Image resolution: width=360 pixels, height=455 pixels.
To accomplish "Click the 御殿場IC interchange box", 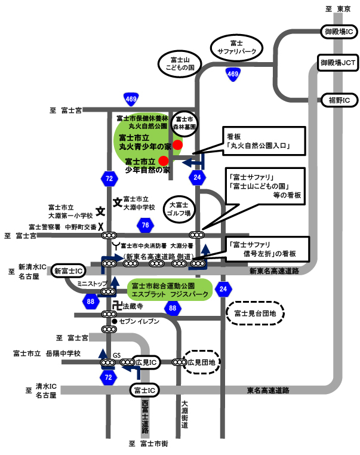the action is point(339,31).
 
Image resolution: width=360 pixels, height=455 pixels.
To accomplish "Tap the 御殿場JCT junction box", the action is point(338,62).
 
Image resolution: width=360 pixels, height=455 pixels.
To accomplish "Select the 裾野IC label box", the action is point(340,100).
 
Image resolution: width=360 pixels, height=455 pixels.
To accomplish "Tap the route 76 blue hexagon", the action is point(145,225).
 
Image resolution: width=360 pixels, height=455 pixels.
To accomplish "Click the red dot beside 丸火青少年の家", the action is point(177,145).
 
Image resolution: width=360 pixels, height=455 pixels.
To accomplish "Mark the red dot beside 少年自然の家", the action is point(164,161).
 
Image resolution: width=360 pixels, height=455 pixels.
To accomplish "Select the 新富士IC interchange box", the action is point(69,271).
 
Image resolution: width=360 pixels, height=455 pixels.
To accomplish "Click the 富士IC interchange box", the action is point(144,391).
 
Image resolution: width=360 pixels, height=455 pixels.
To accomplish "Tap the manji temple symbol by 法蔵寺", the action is point(117,306).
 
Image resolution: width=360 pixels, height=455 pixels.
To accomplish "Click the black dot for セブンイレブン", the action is point(115,321).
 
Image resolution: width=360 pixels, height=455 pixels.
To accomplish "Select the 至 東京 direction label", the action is point(338,9).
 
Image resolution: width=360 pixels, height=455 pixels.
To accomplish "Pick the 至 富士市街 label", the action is point(148,444).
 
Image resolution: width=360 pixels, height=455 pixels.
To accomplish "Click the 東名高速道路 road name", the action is point(268,391).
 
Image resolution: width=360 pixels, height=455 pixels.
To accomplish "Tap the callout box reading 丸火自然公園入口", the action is point(264,141).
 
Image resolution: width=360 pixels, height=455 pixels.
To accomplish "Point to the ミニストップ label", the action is point(92,284).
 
